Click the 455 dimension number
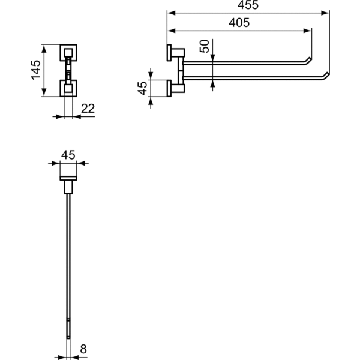(x=247, y=5)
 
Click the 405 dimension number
(x=239, y=23)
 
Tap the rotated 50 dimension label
(x=204, y=46)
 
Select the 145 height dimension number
(x=35, y=70)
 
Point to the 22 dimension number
(x=88, y=109)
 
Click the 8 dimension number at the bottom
(x=83, y=347)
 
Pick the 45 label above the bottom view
(x=68, y=154)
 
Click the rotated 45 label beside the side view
(x=143, y=88)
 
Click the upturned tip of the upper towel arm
(x=308, y=60)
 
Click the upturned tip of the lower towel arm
(x=326, y=75)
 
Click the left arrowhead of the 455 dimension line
(x=170, y=13)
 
